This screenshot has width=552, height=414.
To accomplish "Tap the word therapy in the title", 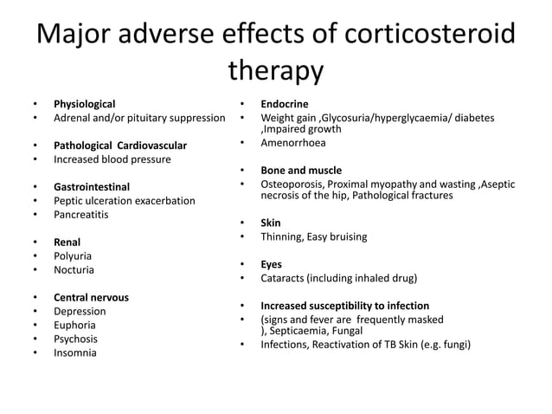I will click(x=275, y=71).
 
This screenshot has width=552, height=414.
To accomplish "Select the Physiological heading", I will click(x=84, y=104).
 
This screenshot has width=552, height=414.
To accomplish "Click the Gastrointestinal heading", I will click(x=92, y=187).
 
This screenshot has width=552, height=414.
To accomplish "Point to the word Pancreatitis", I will click(x=81, y=214).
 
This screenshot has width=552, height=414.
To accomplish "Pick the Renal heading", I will click(x=67, y=243).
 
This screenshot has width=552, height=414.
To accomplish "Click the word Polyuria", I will click(x=73, y=256).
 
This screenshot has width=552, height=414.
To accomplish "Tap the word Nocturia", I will click(x=74, y=270).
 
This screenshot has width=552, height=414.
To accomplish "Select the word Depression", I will click(x=80, y=311).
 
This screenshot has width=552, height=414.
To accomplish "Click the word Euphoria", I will click(x=75, y=325).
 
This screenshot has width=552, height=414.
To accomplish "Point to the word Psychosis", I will click(x=75, y=339).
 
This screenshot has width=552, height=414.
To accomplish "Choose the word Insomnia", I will click(x=75, y=353).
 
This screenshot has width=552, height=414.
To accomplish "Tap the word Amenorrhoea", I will click(x=295, y=143).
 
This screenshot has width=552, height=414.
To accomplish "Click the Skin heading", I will click(x=271, y=223).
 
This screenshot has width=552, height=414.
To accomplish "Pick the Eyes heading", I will click(x=272, y=264).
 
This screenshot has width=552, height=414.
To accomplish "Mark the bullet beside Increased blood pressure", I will click(x=35, y=159).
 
